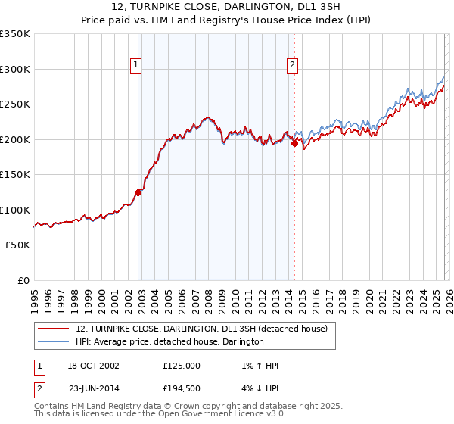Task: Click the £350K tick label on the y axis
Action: pos(15,34)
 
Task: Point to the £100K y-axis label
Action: pos(15,210)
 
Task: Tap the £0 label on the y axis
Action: pos(23,280)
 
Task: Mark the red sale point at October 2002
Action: pos(138,192)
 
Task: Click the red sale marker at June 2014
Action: pos(294,144)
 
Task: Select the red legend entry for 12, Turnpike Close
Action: pos(201,329)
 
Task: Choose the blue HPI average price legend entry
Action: pos(169,342)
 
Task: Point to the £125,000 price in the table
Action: pos(182,366)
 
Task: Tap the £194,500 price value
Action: pos(182,388)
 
